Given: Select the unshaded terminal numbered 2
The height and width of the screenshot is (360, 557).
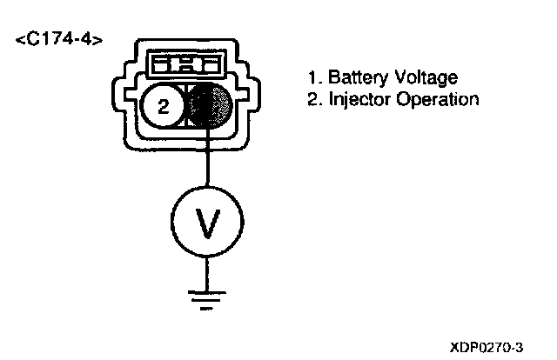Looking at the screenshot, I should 162,108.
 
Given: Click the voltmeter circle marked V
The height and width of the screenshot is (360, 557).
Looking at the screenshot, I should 207,224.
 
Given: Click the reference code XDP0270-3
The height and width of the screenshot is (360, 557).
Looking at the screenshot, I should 487,345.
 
